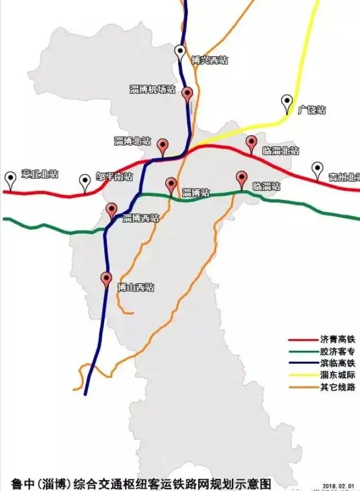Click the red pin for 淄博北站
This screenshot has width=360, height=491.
click(x=163, y=145)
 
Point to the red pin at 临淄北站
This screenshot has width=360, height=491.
click(x=251, y=142)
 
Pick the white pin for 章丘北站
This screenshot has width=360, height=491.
click(x=10, y=178)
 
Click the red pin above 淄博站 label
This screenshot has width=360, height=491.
click(x=171, y=184)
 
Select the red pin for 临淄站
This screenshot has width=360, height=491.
click(x=242, y=178)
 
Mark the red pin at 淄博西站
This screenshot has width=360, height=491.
click(x=112, y=210)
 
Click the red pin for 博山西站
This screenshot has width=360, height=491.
click(x=106, y=278)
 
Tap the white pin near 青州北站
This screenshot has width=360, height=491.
click(x=317, y=169)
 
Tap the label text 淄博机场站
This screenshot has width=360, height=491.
click(x=152, y=89)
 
